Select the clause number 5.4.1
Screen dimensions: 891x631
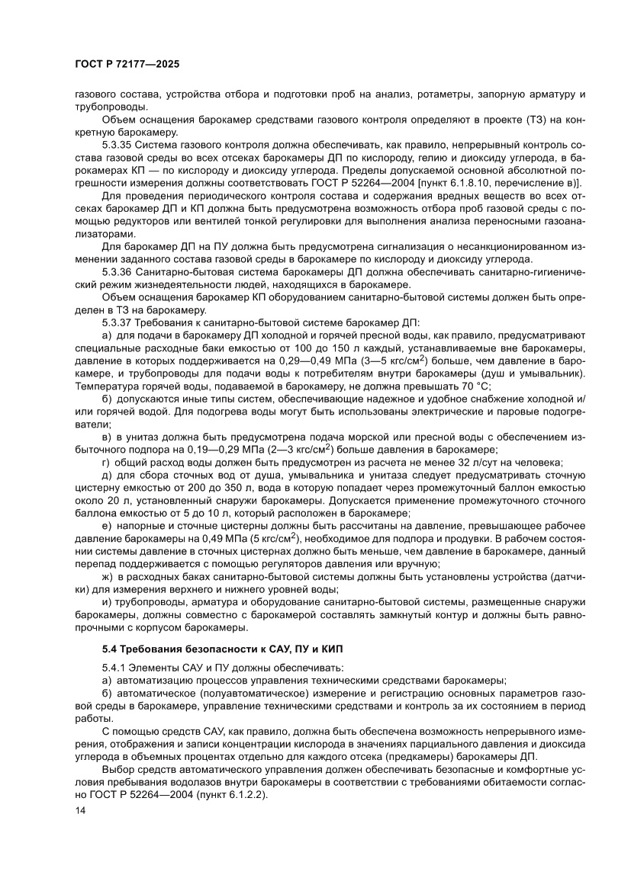point(114,668)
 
